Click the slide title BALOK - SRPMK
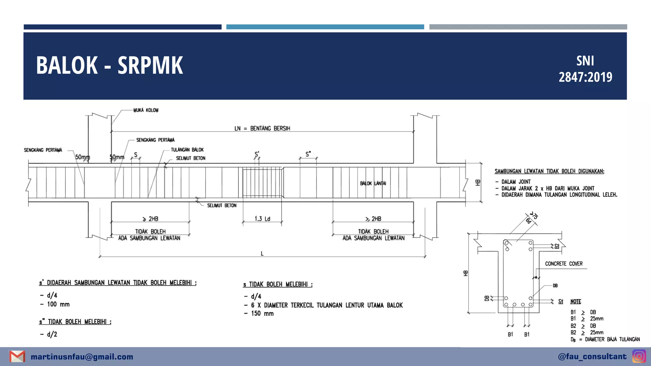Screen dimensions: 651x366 [x=110, y=65]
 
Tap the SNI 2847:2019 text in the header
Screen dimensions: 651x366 [x=586, y=69]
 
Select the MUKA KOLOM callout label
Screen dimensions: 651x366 [x=146, y=110]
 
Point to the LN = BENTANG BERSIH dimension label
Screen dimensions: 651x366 [x=262, y=128]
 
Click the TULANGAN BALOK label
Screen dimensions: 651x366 [x=187, y=150]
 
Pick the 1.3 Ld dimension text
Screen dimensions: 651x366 [x=262, y=219]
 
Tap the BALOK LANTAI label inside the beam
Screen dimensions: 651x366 [x=373, y=183]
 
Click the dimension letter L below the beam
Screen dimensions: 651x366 [x=262, y=254]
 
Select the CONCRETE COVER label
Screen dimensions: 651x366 [x=564, y=264]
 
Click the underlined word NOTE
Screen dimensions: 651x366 [x=576, y=302]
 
